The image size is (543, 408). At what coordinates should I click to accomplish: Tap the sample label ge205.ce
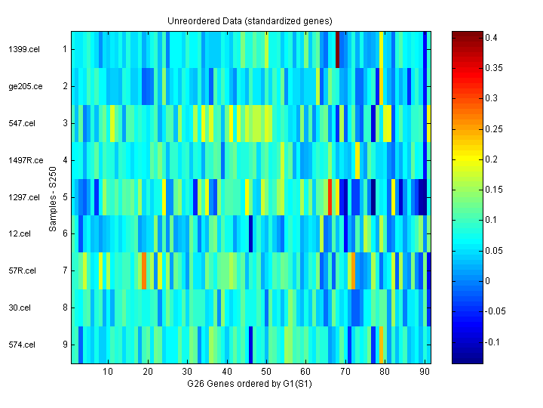click(x=25, y=86)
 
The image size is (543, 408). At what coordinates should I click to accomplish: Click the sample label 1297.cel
click(x=23, y=197)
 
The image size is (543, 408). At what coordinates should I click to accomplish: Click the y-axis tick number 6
click(x=65, y=234)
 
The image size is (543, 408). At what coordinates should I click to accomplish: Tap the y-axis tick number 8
click(x=65, y=308)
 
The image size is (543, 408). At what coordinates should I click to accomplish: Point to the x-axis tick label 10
click(x=108, y=372)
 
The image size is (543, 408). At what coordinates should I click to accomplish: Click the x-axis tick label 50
click(x=265, y=372)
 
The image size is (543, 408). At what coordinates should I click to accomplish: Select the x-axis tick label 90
click(x=423, y=372)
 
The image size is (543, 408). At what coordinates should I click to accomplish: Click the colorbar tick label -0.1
click(x=492, y=342)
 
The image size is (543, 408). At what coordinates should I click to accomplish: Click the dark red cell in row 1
click(x=337, y=49)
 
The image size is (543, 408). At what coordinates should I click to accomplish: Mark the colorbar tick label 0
click(x=487, y=281)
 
